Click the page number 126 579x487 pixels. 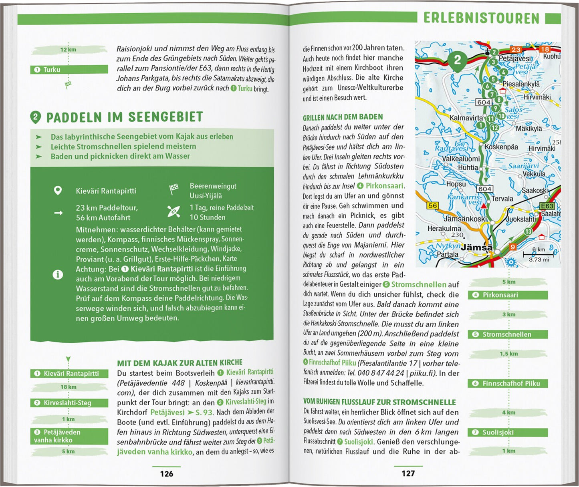click(166, 474)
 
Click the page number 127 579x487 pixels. click(408, 473)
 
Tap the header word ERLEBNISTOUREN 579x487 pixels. click(481, 18)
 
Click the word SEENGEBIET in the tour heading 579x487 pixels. click(165, 117)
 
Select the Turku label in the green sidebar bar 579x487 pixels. click(52, 70)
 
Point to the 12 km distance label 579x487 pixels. click(68, 50)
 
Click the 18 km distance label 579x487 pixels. click(68, 387)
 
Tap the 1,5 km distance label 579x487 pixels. click(508, 354)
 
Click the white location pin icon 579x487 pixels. click(58, 191)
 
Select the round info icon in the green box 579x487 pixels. click(58, 275)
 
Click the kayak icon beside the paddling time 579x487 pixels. click(173, 211)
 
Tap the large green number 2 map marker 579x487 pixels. click(458, 60)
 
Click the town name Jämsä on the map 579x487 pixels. click(476, 248)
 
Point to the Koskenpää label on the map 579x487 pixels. click(501, 147)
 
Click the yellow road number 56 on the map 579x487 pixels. click(433, 205)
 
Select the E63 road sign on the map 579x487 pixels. click(547, 206)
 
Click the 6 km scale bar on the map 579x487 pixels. click(538, 254)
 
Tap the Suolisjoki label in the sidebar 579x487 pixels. click(498, 433)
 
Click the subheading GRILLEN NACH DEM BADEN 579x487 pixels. click(343, 117)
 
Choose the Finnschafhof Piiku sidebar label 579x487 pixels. click(511, 383)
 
